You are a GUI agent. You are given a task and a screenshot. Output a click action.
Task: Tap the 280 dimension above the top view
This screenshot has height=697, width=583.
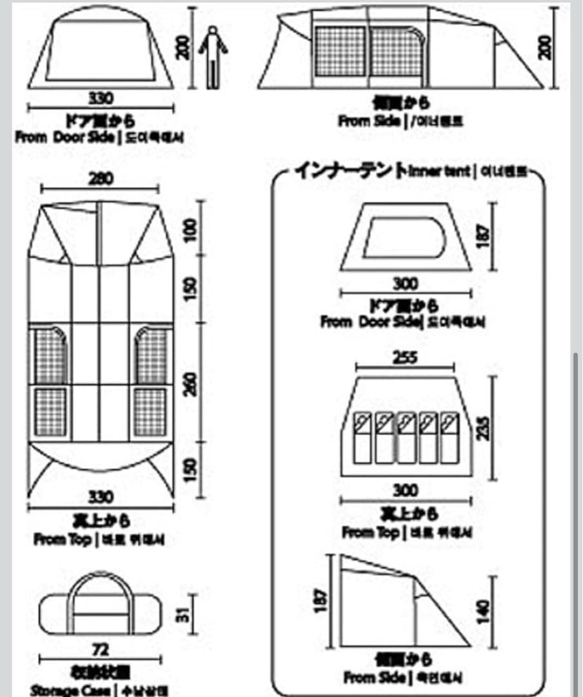click(101, 179)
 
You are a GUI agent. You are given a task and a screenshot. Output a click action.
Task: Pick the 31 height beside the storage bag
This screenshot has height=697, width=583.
click(182, 615)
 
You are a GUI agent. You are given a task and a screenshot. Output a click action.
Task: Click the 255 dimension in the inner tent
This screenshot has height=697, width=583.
click(405, 358)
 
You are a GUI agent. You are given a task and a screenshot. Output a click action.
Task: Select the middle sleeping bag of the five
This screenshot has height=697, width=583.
click(406, 437)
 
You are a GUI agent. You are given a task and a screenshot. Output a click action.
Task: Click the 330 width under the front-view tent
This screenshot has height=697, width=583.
click(101, 98)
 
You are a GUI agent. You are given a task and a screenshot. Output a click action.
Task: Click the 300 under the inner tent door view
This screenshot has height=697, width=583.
click(405, 283)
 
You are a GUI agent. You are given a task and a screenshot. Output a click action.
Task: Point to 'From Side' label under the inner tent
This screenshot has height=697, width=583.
click(374, 678)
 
